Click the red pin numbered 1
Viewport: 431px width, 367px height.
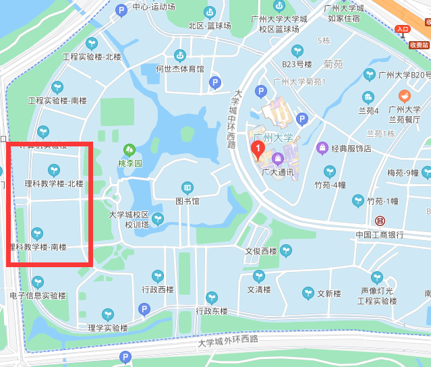257,148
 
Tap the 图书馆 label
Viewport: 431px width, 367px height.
187,201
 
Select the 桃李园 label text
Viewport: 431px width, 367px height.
130,163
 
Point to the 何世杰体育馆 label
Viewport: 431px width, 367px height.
179,69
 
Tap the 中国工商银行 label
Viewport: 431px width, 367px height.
380,235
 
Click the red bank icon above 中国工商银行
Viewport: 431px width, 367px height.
380,221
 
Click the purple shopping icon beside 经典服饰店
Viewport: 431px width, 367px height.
322,148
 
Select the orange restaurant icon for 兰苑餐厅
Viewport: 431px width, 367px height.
404,96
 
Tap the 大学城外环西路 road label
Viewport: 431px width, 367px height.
228,341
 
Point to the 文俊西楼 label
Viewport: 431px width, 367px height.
261,252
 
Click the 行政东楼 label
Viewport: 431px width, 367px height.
212,311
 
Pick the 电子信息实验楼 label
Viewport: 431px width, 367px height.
38,295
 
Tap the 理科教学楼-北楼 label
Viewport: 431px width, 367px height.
54,183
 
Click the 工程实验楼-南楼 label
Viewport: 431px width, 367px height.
57,101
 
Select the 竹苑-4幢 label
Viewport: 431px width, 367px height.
330,185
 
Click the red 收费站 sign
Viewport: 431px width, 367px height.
419,45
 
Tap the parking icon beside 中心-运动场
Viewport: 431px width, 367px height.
121,9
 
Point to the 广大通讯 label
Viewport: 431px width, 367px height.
277,172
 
